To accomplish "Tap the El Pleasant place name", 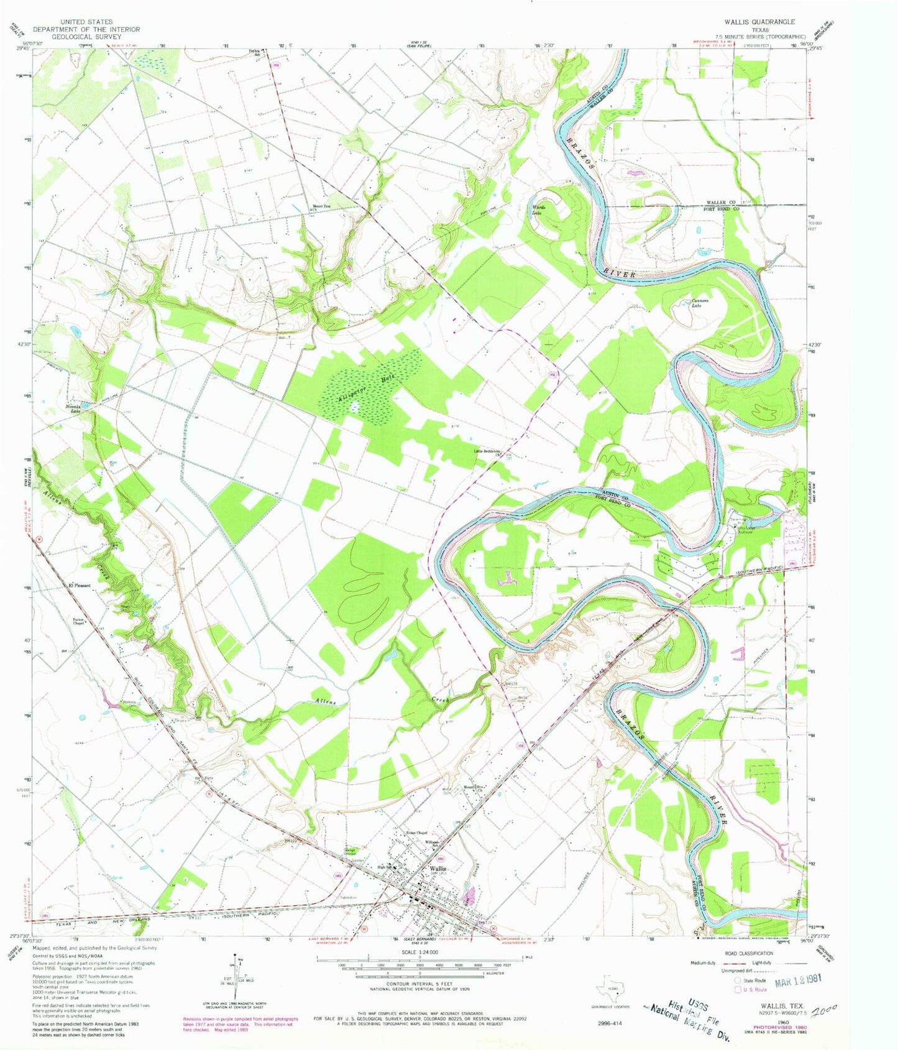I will (x=79, y=586).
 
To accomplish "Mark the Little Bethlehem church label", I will (x=488, y=452).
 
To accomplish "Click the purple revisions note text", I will (x=241, y=1023).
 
